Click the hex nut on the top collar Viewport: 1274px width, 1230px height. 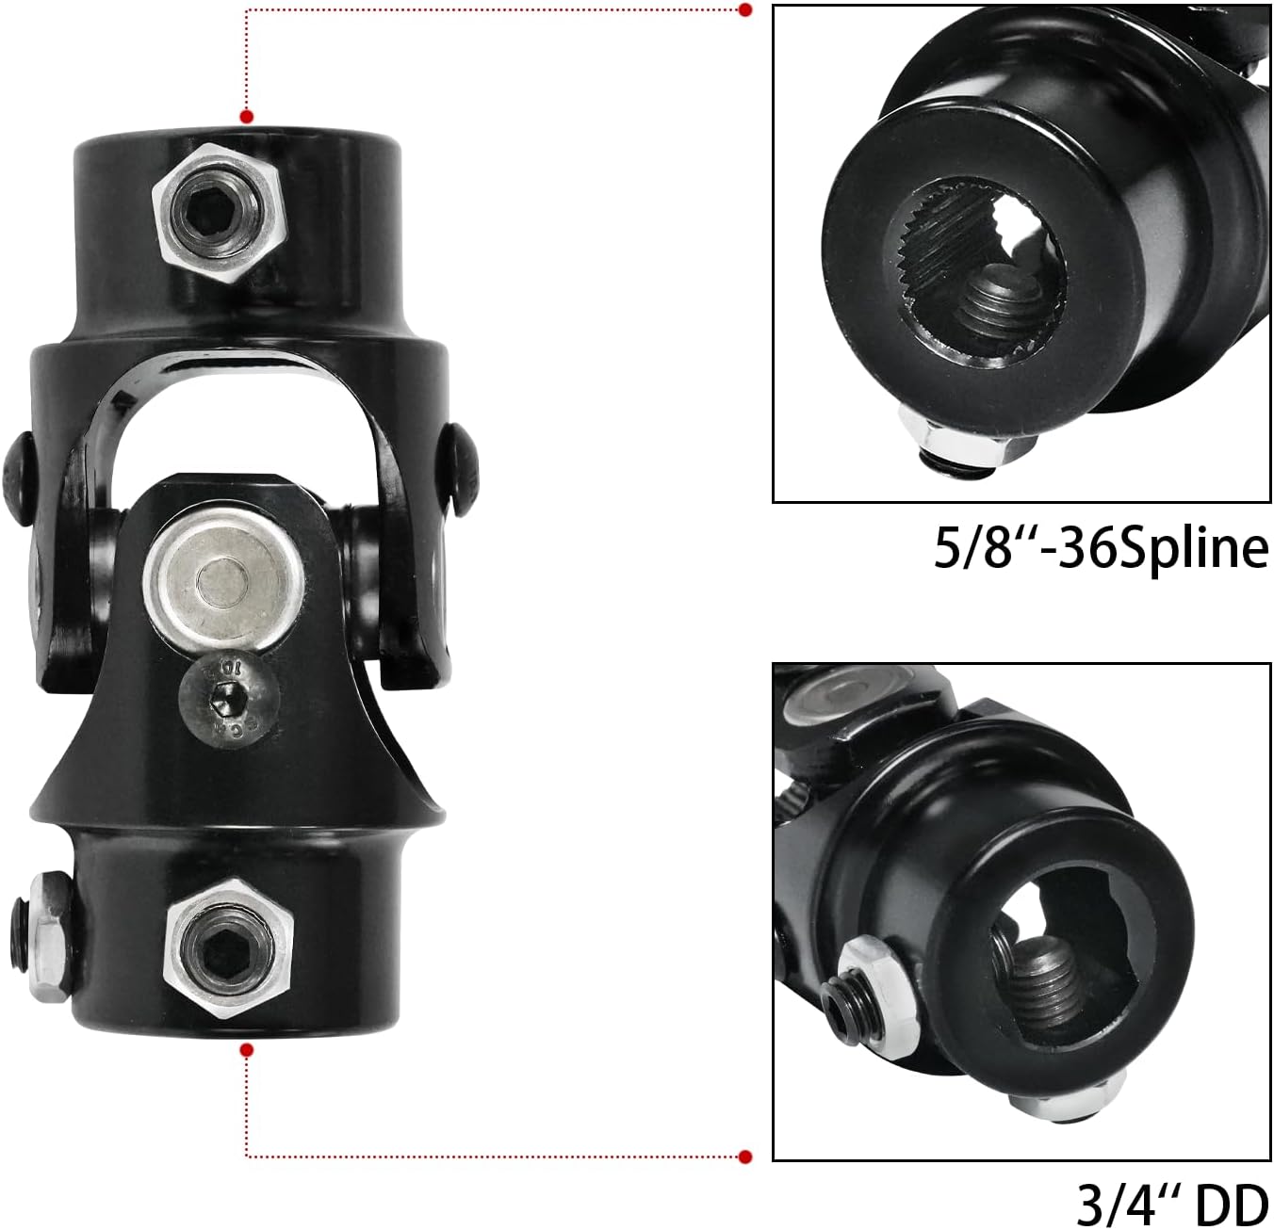(220, 213)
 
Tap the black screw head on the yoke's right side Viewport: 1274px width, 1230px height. (459, 466)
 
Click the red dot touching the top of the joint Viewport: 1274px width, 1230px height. (247, 117)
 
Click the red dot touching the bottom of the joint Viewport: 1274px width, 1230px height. (247, 1050)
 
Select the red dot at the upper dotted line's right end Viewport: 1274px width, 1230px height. (744, 10)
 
